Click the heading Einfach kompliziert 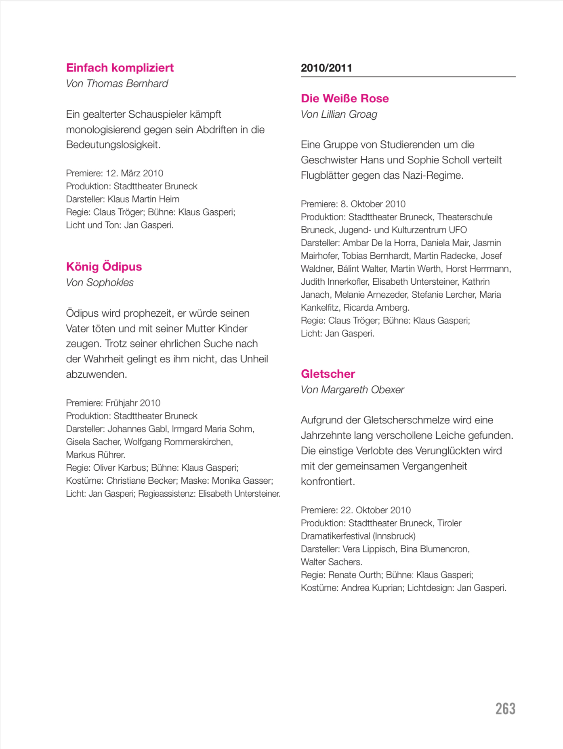[120, 68]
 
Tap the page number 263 [505, 709]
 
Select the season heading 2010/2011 [326, 68]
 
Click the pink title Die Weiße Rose [345, 98]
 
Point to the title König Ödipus [104, 267]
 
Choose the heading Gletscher [328, 374]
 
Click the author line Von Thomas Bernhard [117, 83]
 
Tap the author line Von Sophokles [99, 282]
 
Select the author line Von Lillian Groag [338, 114]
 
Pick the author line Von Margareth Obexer [352, 389]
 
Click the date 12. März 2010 [134, 173]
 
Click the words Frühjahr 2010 [133, 403]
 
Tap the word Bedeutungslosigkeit [113, 144]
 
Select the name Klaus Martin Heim [143, 199]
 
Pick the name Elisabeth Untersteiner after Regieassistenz [239, 493]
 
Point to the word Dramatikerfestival [335, 536]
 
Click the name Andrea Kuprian [372, 588]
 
